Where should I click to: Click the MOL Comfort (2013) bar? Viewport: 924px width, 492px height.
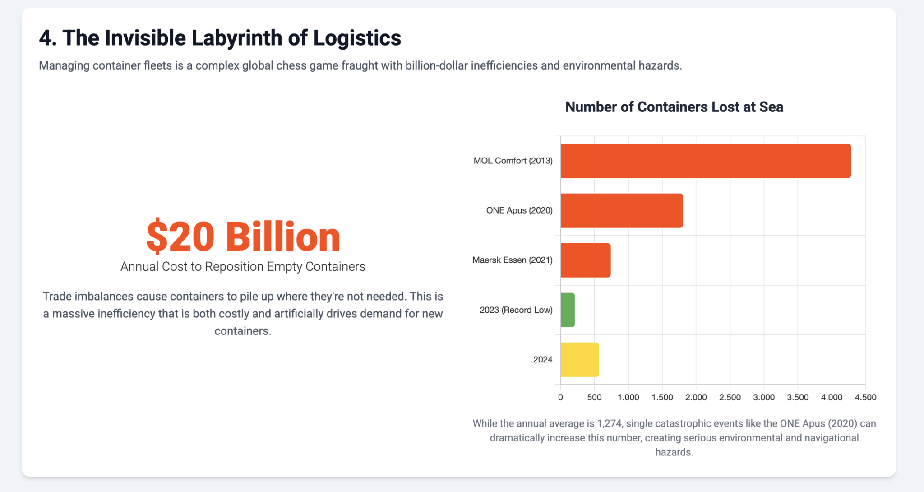705,161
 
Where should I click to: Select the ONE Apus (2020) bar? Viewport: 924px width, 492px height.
621,210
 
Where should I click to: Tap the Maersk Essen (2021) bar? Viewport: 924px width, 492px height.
585,260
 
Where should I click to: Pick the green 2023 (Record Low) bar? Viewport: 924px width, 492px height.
568,310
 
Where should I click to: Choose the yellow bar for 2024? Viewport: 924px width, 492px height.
579,359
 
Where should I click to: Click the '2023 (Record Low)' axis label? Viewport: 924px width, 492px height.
516,310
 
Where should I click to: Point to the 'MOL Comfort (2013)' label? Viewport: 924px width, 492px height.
513,161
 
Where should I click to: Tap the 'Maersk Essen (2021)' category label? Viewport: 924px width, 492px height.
512,260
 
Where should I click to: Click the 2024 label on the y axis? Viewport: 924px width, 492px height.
542,360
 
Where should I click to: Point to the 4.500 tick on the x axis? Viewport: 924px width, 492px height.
865,397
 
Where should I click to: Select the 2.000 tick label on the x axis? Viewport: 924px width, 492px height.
696,397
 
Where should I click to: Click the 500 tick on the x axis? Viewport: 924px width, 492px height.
594,397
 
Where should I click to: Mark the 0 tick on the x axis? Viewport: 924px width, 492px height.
560,397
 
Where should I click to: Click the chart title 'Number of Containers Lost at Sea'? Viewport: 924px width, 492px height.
674,107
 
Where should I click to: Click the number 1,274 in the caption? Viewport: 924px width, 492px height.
609,423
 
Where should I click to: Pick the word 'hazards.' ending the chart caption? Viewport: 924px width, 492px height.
674,452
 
